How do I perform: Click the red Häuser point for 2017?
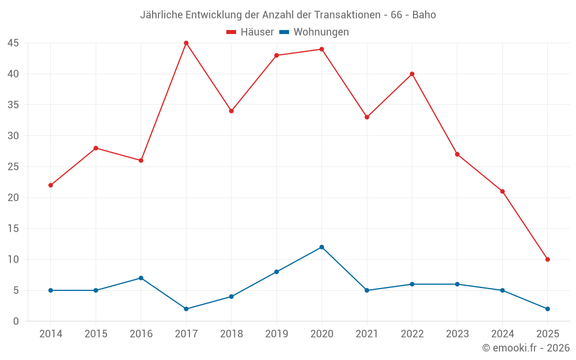point(186,43)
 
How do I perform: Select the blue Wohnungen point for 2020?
point(321,247)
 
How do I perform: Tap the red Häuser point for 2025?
point(547,259)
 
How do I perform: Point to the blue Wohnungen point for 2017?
point(186,309)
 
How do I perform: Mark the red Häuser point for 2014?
point(51,185)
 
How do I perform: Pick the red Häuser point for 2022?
point(412,74)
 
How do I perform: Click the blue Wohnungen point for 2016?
point(141,278)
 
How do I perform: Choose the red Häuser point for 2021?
point(367,117)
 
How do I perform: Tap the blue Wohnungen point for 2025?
point(547,309)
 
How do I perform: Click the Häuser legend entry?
point(251,32)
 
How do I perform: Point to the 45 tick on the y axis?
point(13,43)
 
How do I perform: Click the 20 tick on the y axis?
point(13,198)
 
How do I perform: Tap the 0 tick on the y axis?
point(16,321)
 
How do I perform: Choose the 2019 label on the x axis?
point(276,334)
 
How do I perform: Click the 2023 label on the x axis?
point(457,334)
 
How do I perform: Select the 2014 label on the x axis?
point(51,334)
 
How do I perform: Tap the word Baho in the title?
point(424,15)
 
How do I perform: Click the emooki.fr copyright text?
point(526,348)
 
